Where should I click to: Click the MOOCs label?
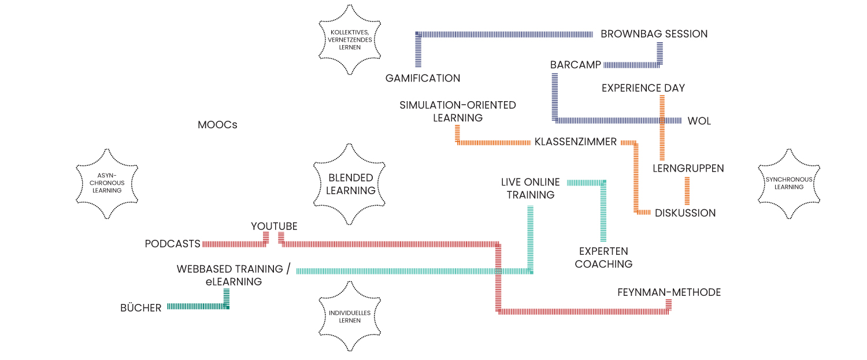tap(217, 125)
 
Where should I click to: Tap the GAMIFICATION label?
tap(423, 78)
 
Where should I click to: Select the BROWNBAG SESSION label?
tap(654, 34)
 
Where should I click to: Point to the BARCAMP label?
tap(576, 65)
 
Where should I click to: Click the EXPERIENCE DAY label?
tap(643, 88)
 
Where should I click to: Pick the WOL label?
tap(699, 121)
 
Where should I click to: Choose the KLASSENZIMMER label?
tap(575, 142)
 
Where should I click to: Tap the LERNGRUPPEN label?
tap(688, 169)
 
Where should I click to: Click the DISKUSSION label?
tap(685, 213)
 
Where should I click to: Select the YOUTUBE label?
tap(274, 226)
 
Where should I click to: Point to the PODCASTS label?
tap(172, 244)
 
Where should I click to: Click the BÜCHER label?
tap(140, 308)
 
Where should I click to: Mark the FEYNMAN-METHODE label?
tap(669, 292)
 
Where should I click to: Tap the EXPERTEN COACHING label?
tap(603, 258)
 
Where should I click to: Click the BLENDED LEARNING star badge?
tap(350, 184)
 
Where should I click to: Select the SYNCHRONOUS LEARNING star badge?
tap(788, 183)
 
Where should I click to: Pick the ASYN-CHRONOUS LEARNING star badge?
tap(107, 183)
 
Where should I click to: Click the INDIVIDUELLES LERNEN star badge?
tap(349, 317)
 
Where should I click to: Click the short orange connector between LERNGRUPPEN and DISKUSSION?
tap(687, 191)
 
